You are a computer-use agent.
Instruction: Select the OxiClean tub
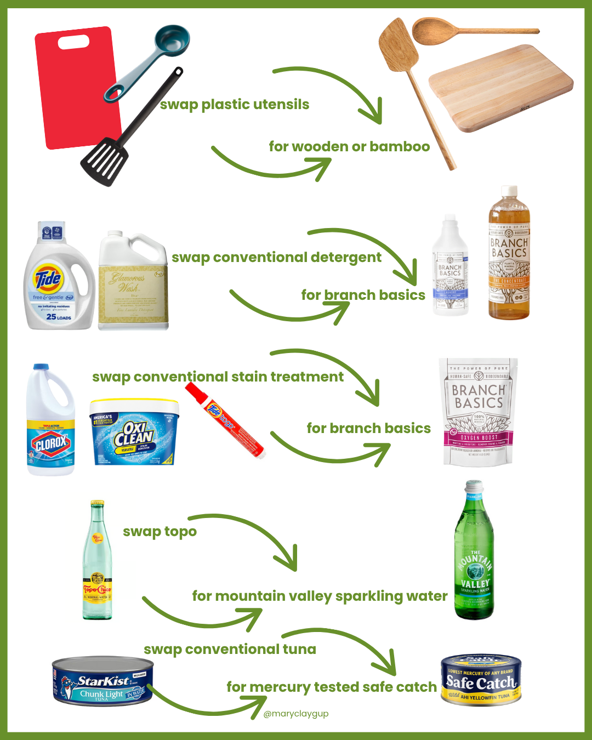click(134, 433)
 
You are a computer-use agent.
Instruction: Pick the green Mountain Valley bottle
click(474, 554)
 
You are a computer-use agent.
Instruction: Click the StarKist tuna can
click(103, 682)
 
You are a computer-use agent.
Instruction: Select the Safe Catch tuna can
click(481, 680)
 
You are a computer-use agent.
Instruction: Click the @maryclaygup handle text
click(296, 714)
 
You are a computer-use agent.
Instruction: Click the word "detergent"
click(346, 258)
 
